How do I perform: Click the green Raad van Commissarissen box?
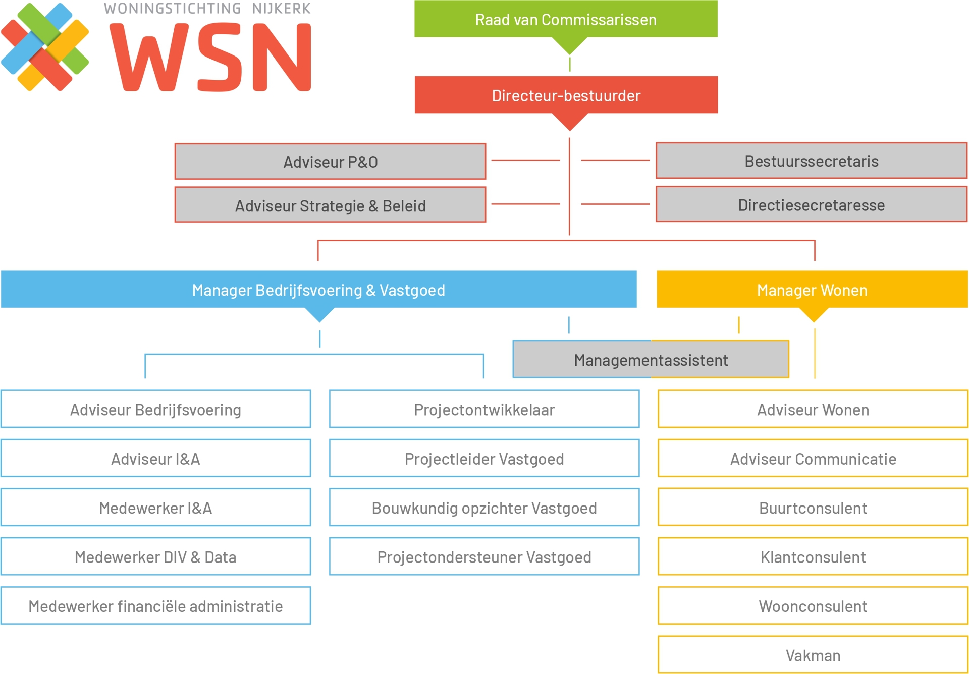(566, 19)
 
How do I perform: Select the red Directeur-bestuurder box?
(566, 95)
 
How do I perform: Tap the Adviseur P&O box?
(330, 162)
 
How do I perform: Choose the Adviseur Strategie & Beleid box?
(330, 205)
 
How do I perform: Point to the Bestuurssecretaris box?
(812, 161)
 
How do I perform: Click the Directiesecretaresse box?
(812, 205)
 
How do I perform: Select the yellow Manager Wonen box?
(812, 290)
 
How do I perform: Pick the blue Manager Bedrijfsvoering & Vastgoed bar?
(318, 290)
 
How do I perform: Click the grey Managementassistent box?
(651, 360)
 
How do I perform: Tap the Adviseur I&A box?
(155, 459)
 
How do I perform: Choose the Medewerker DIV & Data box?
(155, 557)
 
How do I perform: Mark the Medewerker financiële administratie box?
(155, 606)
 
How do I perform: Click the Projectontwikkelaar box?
(484, 409)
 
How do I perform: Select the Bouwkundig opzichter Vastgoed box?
(484, 508)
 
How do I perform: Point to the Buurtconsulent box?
(813, 508)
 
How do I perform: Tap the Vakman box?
(813, 655)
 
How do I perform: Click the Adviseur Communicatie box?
(813, 459)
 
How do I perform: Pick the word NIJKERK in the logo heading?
(281, 9)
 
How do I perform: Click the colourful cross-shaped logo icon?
(45, 47)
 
